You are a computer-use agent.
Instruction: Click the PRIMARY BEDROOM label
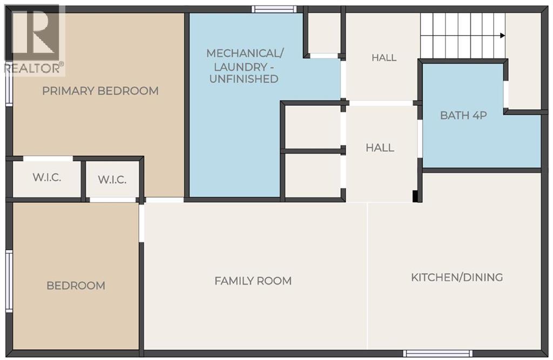pos(100,91)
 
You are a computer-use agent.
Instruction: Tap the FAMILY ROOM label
pos(253,281)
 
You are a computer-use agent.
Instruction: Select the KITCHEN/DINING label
pos(457,277)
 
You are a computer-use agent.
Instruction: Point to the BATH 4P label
pos(463,116)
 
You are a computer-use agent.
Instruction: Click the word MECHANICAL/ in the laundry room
pos(245,53)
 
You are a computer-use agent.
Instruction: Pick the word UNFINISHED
pos(244,79)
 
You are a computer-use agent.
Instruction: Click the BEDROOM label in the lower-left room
pos(76,286)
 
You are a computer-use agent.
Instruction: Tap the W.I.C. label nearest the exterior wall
pos(47,178)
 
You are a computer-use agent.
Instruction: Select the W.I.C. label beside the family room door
pos(112,180)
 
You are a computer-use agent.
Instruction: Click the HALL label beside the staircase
pos(384,57)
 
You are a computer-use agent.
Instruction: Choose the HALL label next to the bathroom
pos(380,148)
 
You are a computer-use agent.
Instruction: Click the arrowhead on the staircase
pos(503,36)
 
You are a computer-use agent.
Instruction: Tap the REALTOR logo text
pos(34,68)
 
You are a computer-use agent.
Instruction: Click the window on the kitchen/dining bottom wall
pos(437,354)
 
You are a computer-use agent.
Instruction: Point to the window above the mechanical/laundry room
pos(274,9)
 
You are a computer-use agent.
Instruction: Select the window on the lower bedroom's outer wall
pos(9,281)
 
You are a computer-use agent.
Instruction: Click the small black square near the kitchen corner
pos(415,196)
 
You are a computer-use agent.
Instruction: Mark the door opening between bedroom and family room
pos(141,223)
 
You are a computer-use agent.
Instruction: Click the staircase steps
pos(463,36)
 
